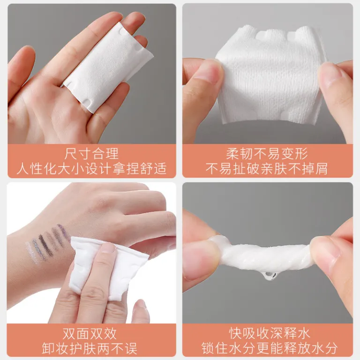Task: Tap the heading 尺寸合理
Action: pyautogui.click(x=91, y=154)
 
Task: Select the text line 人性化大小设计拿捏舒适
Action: pyautogui.click(x=91, y=169)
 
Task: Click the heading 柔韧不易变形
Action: pyautogui.click(x=267, y=154)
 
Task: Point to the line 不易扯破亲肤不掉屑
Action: pyautogui.click(x=267, y=169)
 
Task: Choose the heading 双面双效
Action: pyautogui.click(x=90, y=334)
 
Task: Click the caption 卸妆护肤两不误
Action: pyautogui.click(x=90, y=349)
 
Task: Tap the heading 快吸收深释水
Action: pyautogui.click(x=270, y=333)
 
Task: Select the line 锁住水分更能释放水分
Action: pyautogui.click(x=270, y=348)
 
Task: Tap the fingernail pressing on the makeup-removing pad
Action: pyautogui.click(x=108, y=248)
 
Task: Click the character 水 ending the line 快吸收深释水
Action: pyautogui.click(x=304, y=333)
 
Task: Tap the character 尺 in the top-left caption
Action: pyautogui.click(x=70, y=154)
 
